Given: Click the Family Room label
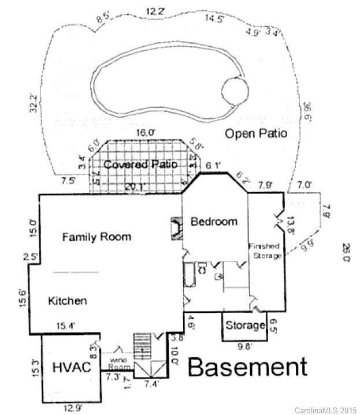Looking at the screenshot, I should point(97,237).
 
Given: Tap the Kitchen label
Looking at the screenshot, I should point(68,301).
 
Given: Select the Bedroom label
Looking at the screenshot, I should point(214,222).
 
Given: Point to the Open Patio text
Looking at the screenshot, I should point(256,134).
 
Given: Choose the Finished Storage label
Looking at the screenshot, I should point(265,251).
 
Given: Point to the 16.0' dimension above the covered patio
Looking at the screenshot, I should point(145,132).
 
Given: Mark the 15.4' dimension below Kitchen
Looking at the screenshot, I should point(65,327).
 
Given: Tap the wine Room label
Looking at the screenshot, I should point(120,362).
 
